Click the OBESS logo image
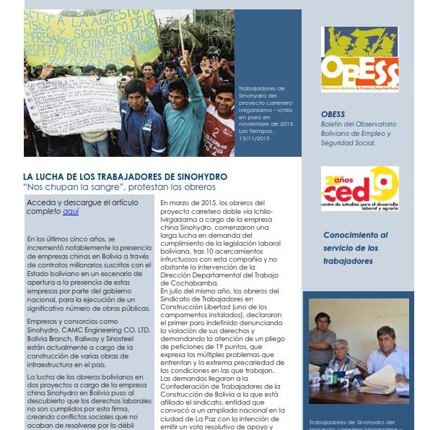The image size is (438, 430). tap(359, 59)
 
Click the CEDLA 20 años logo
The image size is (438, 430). tap(359, 189)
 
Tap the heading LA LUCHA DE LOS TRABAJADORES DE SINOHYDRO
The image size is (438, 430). tap(125, 176)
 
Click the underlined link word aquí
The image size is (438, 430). tap(70, 212)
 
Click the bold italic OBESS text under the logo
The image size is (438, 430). tap(333, 114)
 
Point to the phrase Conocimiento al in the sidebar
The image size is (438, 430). tap(354, 235)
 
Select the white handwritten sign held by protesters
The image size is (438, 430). tap(72, 105)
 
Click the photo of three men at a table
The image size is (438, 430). tap(358, 351)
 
